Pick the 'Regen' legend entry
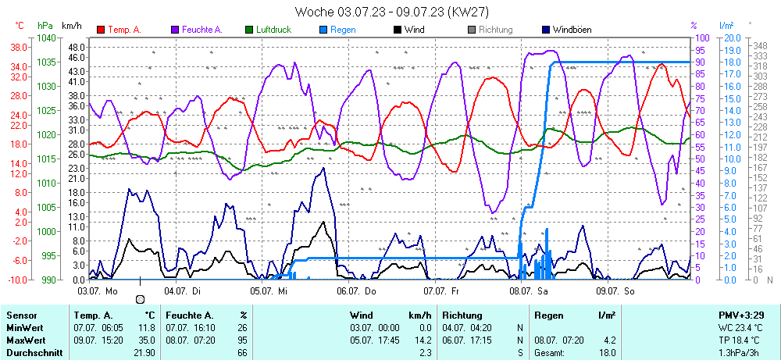tap(342, 30)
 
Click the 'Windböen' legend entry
tap(571, 30)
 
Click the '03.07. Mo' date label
tap(98, 290)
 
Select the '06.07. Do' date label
tap(356, 290)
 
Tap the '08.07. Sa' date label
tap(530, 290)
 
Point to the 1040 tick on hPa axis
tap(46, 37)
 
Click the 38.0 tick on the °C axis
tap(19, 47)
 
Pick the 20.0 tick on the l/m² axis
tap(732, 37)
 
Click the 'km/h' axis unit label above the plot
tap(73, 26)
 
